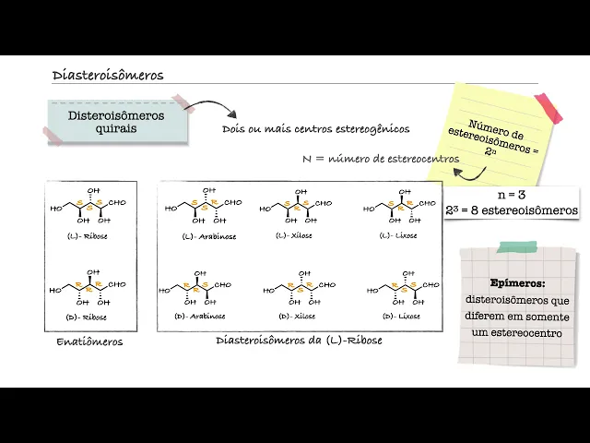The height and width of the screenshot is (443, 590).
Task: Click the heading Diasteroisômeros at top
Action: point(108,76)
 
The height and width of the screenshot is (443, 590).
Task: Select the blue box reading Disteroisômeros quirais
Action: point(116,122)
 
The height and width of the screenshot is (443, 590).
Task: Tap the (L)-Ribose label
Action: point(88,236)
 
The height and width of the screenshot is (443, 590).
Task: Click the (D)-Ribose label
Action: point(88,317)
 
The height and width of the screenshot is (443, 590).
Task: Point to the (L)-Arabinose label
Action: point(209,236)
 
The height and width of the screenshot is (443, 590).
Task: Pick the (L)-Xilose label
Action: point(295,235)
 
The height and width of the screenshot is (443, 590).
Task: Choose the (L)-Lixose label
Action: point(398,235)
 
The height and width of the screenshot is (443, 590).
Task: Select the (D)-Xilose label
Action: point(296,316)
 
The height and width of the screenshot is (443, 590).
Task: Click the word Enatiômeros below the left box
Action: point(89,342)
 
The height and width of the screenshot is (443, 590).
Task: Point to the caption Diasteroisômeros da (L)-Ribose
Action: point(299,341)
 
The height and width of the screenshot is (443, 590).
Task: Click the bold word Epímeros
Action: point(518,284)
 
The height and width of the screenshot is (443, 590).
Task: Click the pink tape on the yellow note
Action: point(548,108)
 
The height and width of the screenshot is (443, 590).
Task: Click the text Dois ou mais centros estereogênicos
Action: point(315,129)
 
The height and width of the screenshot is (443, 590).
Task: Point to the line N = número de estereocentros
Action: point(380,159)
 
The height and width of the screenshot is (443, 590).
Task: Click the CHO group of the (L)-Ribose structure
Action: point(116,202)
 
